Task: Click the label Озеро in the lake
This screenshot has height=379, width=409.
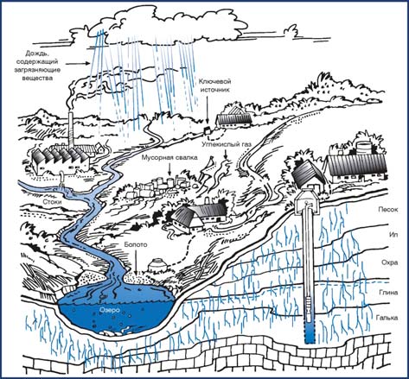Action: [x=109, y=310]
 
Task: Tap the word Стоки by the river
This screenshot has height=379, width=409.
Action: [x=53, y=202]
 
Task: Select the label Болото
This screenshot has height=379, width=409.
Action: [x=136, y=245]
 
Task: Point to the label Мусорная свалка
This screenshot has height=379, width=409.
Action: [x=169, y=157]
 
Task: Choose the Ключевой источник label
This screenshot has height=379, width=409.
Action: [x=215, y=85]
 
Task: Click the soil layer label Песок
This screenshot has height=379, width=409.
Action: [x=388, y=210]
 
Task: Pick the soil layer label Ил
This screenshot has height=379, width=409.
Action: [x=393, y=235]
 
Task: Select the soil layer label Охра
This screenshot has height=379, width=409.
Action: [x=390, y=262]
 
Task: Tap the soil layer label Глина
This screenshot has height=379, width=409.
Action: [x=388, y=293]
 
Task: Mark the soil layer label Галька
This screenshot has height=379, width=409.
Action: [x=387, y=318]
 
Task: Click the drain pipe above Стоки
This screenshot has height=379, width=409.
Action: [x=61, y=177]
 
